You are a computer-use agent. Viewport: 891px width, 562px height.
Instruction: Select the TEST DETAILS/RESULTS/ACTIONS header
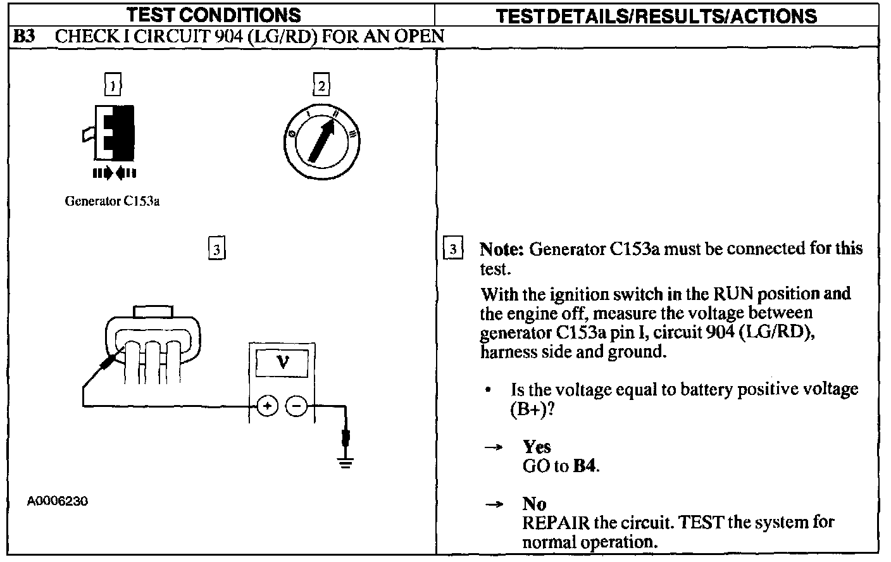tap(656, 16)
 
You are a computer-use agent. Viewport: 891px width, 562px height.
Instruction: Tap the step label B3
tap(25, 36)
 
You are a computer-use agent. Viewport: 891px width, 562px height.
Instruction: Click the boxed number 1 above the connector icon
tap(113, 85)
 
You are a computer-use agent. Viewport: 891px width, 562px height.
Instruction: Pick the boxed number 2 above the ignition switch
tap(321, 85)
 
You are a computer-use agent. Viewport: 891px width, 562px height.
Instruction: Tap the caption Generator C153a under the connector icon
tap(112, 202)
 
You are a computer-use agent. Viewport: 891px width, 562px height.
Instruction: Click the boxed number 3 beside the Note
tap(452, 249)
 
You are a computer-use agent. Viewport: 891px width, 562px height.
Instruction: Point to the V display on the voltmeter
tap(282, 363)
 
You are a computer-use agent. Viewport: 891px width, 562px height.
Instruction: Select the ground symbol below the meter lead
tap(346, 464)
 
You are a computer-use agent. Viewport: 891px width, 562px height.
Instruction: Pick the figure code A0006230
tap(57, 501)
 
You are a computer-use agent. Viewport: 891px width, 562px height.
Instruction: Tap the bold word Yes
tap(537, 447)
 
